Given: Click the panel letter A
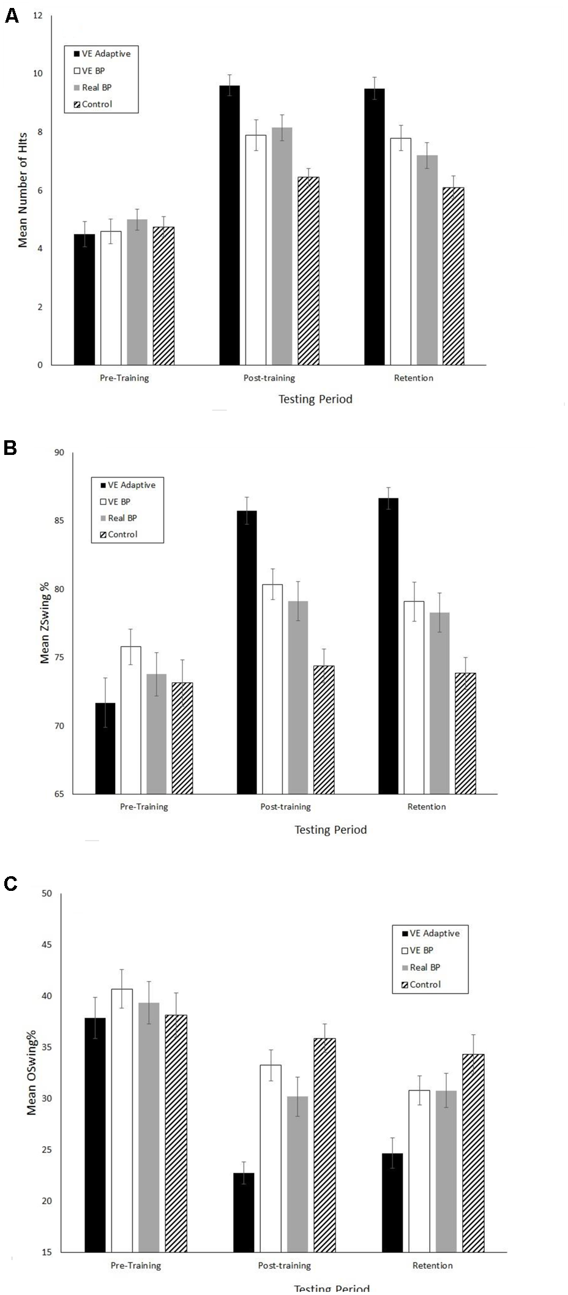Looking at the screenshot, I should [11, 17].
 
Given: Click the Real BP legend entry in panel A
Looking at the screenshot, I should [96, 88].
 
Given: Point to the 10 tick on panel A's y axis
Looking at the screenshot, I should [38, 73].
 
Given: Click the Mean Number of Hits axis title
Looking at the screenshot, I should [23, 190].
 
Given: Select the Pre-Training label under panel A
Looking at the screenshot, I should [124, 378].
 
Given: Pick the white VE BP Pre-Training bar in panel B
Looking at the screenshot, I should [131, 720].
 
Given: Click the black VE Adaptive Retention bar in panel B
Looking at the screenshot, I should [388, 646].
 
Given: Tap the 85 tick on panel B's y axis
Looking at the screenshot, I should [59, 521].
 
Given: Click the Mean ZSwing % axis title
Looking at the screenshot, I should [45, 622].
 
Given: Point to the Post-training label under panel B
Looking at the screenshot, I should [285, 806].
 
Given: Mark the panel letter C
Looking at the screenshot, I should [10, 883].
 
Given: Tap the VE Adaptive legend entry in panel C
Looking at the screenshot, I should [434, 933].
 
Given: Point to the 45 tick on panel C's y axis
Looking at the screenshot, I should [47, 945].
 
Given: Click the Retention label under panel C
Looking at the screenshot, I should [432, 1265].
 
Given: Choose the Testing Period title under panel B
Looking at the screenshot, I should [331, 830].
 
